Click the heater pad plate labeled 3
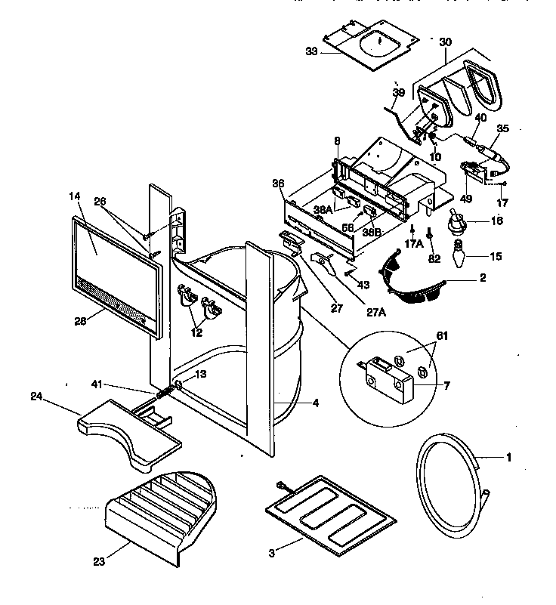pos(331,511)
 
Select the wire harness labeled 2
pos(412,279)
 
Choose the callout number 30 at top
pos(446,42)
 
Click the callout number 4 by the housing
pos(315,403)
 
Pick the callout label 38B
pos(372,233)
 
